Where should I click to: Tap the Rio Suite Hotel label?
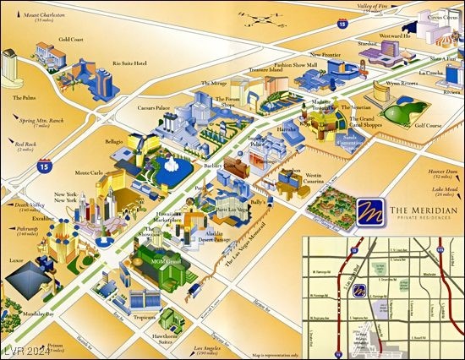129,63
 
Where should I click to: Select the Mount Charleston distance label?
43,17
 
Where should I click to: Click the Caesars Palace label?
158,109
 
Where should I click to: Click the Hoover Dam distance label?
426,172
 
